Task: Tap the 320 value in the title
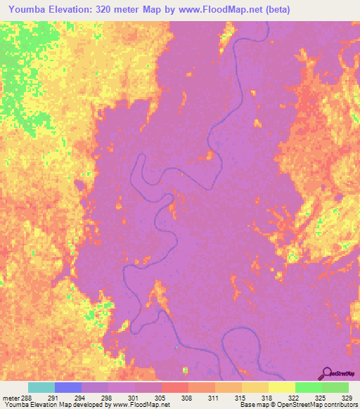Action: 103,9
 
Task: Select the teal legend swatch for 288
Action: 41,387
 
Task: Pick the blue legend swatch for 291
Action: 68,387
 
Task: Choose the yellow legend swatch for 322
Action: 282,387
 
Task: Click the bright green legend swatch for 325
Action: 309,387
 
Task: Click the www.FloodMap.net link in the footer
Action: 141,405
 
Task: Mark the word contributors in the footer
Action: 340,405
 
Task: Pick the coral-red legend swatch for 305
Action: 175,387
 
